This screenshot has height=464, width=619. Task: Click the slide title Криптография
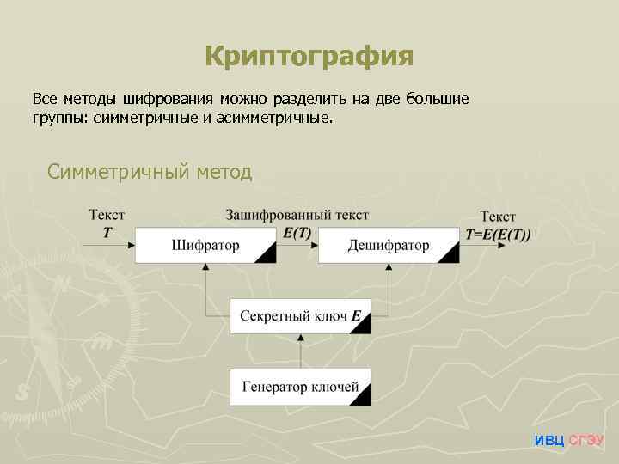tap(309, 57)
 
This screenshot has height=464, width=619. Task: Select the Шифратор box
tap(205, 245)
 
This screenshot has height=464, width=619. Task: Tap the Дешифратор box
tap(389, 245)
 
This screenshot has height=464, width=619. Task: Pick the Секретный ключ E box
tap(300, 315)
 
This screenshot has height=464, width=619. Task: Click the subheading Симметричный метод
tap(150, 172)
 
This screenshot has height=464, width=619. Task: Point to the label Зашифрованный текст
tap(297, 215)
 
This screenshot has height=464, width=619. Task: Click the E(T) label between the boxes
tap(297, 232)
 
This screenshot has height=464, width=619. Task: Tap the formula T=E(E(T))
tap(498, 234)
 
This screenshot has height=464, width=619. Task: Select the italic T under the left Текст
tap(107, 232)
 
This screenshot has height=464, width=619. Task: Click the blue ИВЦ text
tap(549, 440)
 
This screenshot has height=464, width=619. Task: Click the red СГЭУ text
tap(586, 440)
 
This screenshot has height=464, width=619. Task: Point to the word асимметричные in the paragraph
tap(274, 118)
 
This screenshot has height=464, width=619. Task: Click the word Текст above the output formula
tap(498, 217)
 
